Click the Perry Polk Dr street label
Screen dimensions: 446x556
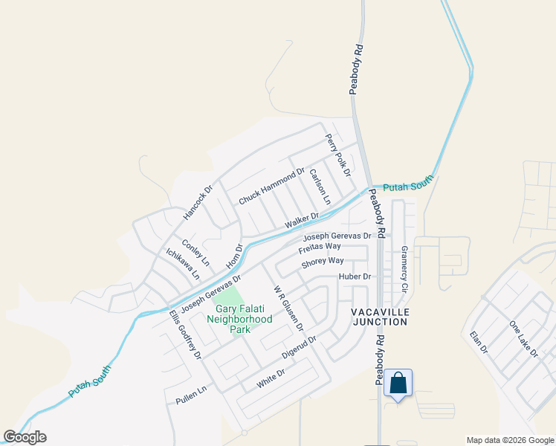point(337,155)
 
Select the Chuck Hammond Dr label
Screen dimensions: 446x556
point(271,187)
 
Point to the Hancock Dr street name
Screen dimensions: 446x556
point(198,203)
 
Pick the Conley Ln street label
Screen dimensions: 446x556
point(196,253)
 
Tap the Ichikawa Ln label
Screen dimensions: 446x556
point(183,264)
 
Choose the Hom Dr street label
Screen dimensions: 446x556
point(234,255)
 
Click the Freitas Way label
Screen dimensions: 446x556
point(320,247)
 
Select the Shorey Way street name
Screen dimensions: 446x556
point(323,261)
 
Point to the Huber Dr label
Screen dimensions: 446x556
point(355,277)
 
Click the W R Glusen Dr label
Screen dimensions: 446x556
point(288,308)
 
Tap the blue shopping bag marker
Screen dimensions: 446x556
point(398,384)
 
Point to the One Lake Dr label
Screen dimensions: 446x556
point(523,340)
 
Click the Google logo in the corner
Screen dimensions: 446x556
point(25,437)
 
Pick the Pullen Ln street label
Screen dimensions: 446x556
point(191,395)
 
